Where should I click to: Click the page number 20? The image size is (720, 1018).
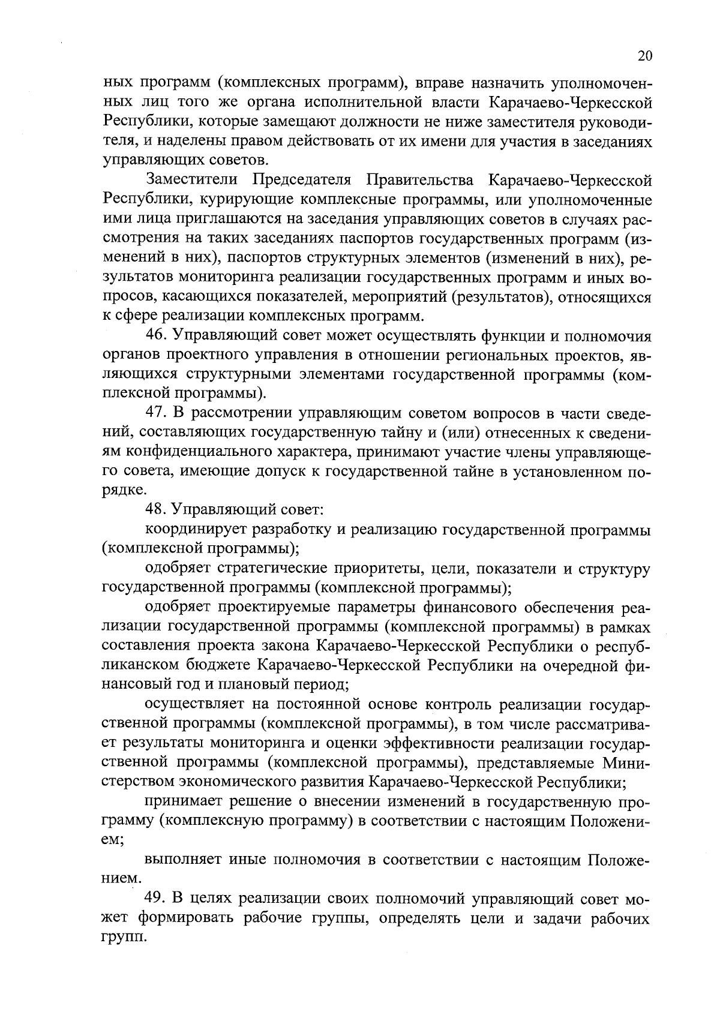(x=644, y=56)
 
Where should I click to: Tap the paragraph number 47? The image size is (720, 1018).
(x=157, y=413)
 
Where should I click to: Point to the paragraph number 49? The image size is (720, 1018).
(x=157, y=899)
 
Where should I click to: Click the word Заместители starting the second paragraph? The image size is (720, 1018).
(x=192, y=179)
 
